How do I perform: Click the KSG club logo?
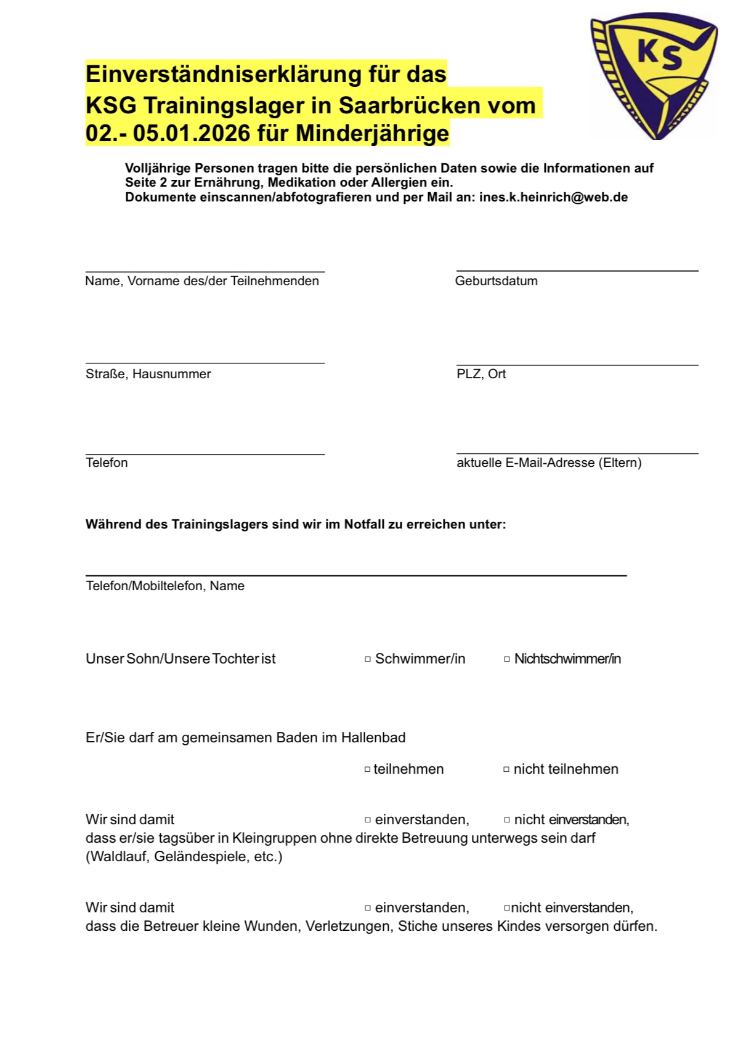(x=654, y=76)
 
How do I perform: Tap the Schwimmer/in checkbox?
(x=368, y=659)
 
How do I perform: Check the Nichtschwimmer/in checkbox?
(x=507, y=659)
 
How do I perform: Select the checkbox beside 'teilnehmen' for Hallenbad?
(x=368, y=769)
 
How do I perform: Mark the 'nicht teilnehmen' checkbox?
(x=506, y=769)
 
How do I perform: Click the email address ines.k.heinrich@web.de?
(x=553, y=197)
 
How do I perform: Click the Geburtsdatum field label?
(x=496, y=281)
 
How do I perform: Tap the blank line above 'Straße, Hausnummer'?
(x=205, y=363)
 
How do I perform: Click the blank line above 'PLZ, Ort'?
(x=577, y=365)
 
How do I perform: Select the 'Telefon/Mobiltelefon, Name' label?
(x=165, y=586)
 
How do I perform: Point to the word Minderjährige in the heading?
(x=373, y=133)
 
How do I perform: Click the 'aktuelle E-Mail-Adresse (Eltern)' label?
(x=549, y=463)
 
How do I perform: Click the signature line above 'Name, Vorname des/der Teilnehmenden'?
(x=205, y=271)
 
